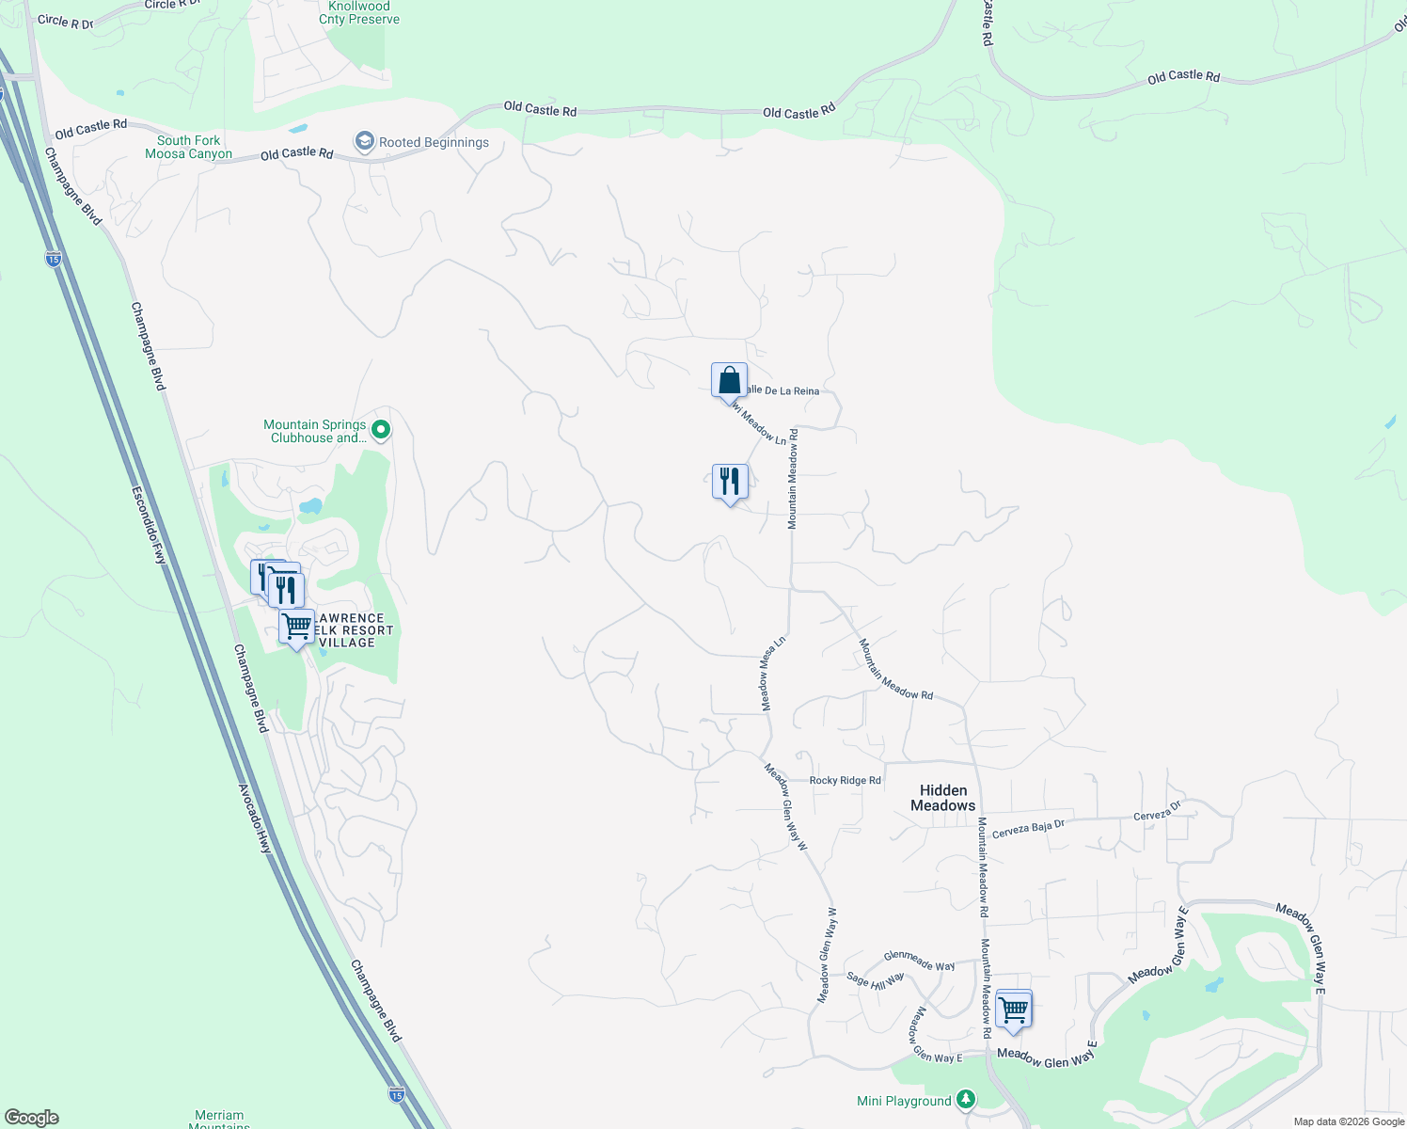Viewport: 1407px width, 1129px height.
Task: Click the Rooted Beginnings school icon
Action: [x=364, y=142]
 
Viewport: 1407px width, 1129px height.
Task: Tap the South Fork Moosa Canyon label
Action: [x=188, y=148]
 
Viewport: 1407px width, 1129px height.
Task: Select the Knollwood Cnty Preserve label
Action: [x=359, y=13]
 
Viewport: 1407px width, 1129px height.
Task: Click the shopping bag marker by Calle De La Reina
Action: [x=729, y=381]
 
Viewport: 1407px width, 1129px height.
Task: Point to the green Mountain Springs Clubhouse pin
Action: [x=381, y=431]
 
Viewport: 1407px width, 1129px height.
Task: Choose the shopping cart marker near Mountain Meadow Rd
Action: [x=1013, y=1010]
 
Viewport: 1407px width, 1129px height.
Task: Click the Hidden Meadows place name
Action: [x=943, y=798]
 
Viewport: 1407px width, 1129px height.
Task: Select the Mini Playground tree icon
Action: [x=966, y=1099]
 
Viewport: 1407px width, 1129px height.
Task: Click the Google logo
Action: [x=32, y=1118]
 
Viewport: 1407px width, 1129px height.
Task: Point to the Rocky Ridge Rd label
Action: [x=846, y=780]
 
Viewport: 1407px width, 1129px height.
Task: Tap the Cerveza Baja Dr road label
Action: [x=1028, y=827]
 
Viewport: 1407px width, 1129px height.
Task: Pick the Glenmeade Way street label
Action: [x=919, y=960]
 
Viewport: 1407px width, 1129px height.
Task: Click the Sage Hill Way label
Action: [x=875, y=980]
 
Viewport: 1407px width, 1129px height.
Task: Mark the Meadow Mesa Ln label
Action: [x=772, y=674]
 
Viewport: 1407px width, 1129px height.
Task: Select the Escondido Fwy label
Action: [x=149, y=525]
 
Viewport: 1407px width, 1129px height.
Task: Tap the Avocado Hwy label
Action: [x=254, y=819]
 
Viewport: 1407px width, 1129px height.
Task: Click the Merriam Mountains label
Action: [x=219, y=1119]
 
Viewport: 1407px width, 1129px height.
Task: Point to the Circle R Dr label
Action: [x=66, y=21]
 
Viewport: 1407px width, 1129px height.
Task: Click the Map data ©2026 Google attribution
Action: [x=1349, y=1121]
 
